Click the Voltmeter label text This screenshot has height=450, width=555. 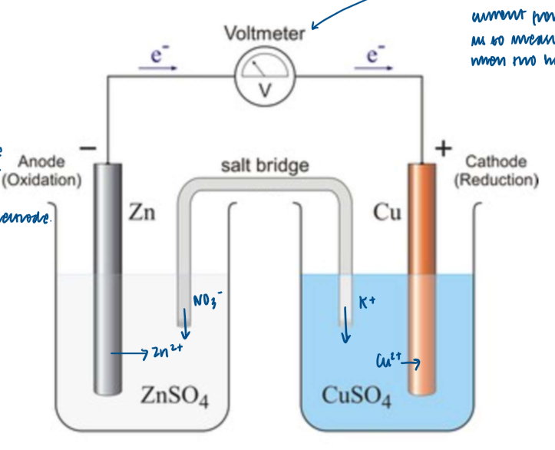click(x=264, y=34)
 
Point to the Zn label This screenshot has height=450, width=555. click(x=141, y=213)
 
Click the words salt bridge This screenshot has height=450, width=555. click(x=265, y=165)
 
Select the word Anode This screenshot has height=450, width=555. click(x=42, y=162)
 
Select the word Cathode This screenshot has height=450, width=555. click(x=496, y=161)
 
